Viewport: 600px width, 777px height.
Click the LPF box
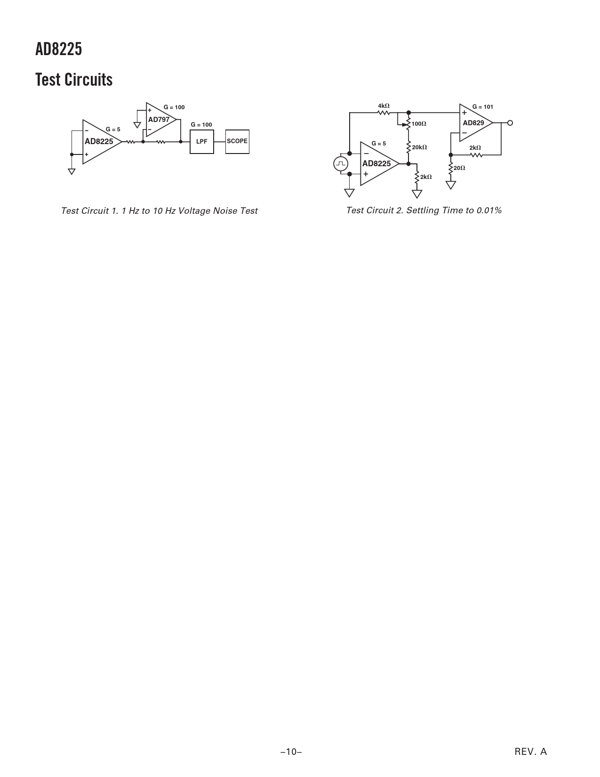pyautogui.click(x=201, y=142)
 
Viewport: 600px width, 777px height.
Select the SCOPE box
pyautogui.click(x=237, y=142)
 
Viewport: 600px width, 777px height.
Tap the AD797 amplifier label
pyautogui.click(x=159, y=120)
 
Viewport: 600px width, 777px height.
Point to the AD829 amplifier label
pyautogui.click(x=473, y=122)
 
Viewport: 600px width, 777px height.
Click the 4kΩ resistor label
pyautogui.click(x=384, y=106)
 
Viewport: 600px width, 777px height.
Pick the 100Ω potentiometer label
pyautogui.click(x=419, y=124)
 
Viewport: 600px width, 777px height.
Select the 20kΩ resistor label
pyautogui.click(x=420, y=147)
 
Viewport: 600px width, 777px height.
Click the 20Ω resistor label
pyautogui.click(x=459, y=168)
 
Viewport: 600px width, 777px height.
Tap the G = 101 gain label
pyautogui.click(x=482, y=106)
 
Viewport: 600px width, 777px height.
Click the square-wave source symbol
pyautogui.click(x=341, y=164)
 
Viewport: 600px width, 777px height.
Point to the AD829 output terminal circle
pyautogui.click(x=510, y=123)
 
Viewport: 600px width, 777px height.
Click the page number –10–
pyautogui.click(x=291, y=752)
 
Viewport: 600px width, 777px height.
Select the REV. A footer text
pyautogui.click(x=531, y=752)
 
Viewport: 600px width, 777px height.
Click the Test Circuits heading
pyautogui.click(x=74, y=80)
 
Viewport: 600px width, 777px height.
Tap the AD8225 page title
pyautogui.click(x=59, y=49)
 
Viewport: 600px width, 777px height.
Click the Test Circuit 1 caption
pyautogui.click(x=160, y=210)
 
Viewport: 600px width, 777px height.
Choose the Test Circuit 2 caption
pyautogui.click(x=424, y=210)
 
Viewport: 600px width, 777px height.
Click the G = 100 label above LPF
pyautogui.click(x=201, y=124)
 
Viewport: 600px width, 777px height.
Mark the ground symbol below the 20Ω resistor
pyautogui.click(x=451, y=185)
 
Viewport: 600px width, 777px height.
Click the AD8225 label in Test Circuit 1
pyautogui.click(x=99, y=141)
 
